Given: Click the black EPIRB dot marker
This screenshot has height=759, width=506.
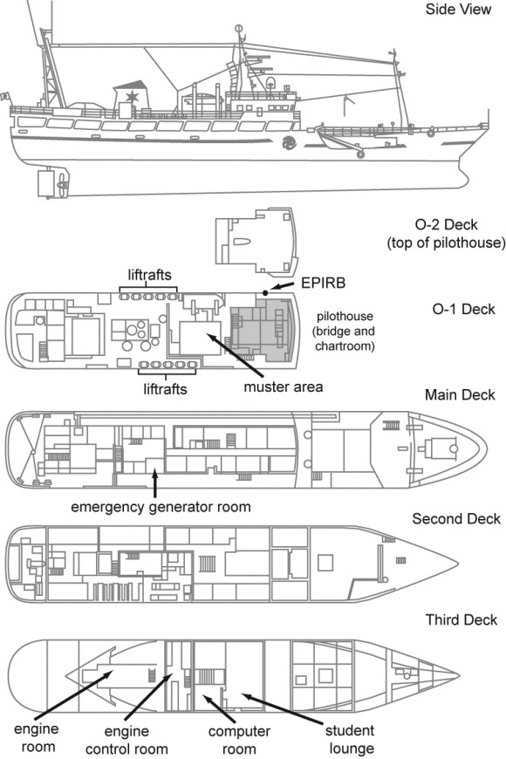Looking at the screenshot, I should pos(263,291).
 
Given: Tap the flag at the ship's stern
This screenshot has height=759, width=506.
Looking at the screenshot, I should pos(4,93).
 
